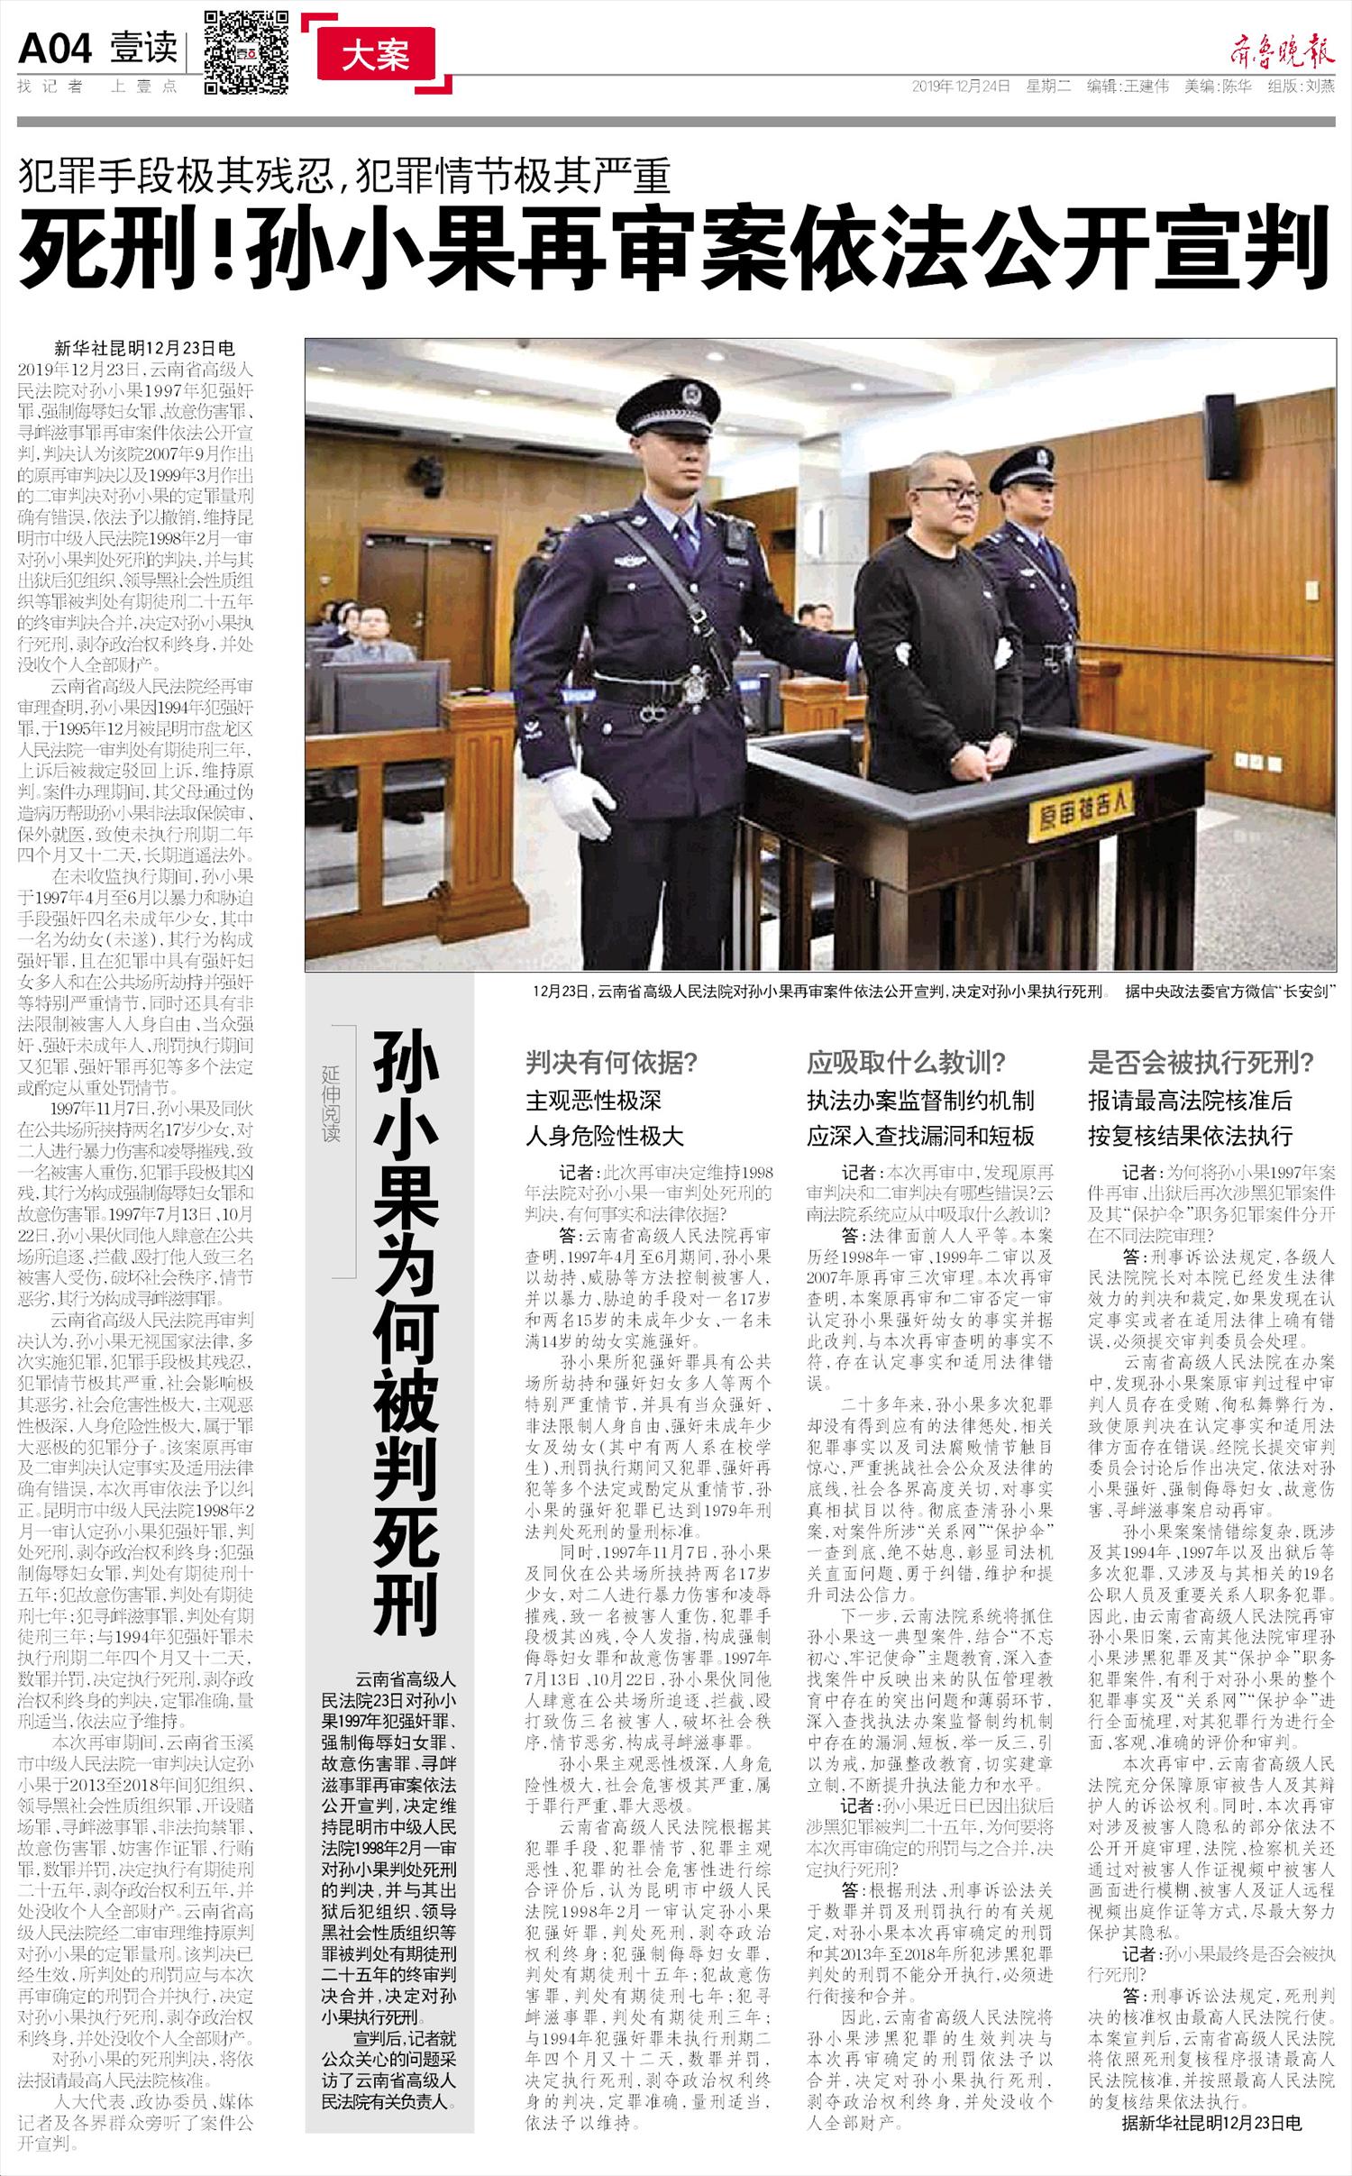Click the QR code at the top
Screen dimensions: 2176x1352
pos(246,52)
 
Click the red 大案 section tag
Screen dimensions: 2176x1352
pos(375,56)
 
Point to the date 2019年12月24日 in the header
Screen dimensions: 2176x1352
pos(961,87)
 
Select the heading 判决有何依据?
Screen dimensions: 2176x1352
pos(613,1064)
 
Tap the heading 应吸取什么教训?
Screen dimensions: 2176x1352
pos(907,1064)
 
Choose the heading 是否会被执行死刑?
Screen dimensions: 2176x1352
pos(1201,1064)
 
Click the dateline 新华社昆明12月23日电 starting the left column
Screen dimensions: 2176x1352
pos(144,350)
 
